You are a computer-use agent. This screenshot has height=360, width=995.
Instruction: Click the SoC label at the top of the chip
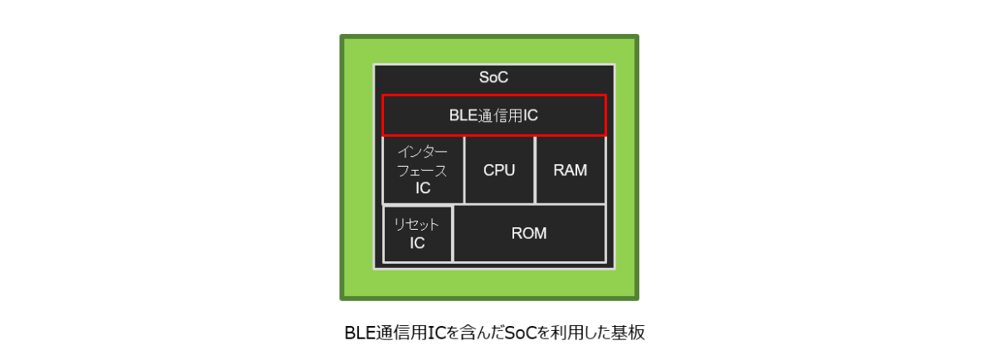coord(493,77)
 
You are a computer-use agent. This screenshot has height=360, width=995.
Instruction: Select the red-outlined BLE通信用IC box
coord(494,115)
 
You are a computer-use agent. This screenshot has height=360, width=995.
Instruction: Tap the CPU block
coord(499,170)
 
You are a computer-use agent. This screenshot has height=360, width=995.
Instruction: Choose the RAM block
coord(570,170)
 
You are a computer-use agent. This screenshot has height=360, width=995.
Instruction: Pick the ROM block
coord(529,233)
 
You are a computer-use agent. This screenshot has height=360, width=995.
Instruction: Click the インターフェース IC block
coord(423,170)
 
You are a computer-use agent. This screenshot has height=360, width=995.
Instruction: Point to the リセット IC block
coord(417,234)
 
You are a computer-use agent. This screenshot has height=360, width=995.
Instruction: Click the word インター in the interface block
coord(422,152)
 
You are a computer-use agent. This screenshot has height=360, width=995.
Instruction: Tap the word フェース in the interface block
coord(421,171)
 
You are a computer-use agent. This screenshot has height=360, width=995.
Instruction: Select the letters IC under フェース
coord(423,188)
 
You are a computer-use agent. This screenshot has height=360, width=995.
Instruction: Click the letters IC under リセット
coord(417,243)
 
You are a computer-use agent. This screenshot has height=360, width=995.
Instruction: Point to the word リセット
coord(416,225)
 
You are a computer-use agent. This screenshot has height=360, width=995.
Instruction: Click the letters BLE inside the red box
coord(463,115)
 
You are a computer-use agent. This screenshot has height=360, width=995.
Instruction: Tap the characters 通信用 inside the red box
coord(500,115)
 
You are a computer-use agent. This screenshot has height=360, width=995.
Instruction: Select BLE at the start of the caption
coord(360,333)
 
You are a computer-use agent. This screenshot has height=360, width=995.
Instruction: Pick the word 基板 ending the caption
coord(629,333)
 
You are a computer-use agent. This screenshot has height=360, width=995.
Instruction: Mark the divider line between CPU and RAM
coord(536,170)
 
